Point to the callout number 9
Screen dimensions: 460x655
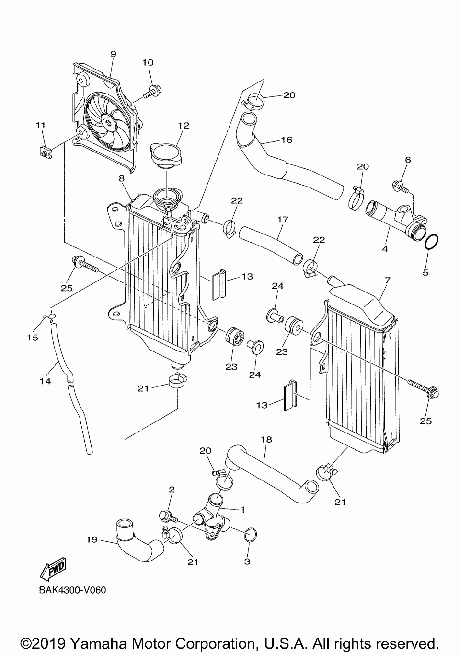tap(114, 54)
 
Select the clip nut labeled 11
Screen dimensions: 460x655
tap(46, 152)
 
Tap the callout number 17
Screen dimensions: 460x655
tap(283, 219)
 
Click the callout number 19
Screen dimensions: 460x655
tap(92, 539)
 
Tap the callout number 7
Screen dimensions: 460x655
tap(387, 280)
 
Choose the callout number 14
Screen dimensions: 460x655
tap(46, 381)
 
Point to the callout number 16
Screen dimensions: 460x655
tap(287, 140)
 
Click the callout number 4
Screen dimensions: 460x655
tap(385, 249)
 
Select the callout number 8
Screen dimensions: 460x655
tap(122, 178)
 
